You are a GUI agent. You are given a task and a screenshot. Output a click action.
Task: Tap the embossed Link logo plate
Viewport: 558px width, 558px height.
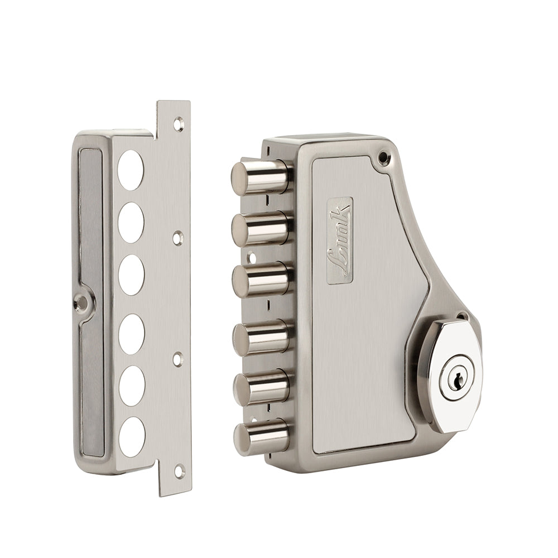(339, 241)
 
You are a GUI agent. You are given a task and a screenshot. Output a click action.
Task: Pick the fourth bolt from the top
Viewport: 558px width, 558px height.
(262, 337)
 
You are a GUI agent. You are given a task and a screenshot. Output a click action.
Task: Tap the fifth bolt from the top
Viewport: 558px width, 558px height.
(262, 387)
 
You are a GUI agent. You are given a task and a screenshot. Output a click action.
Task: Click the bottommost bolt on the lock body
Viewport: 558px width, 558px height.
(262, 436)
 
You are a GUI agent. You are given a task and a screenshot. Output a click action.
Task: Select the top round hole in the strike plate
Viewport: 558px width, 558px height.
(130, 170)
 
